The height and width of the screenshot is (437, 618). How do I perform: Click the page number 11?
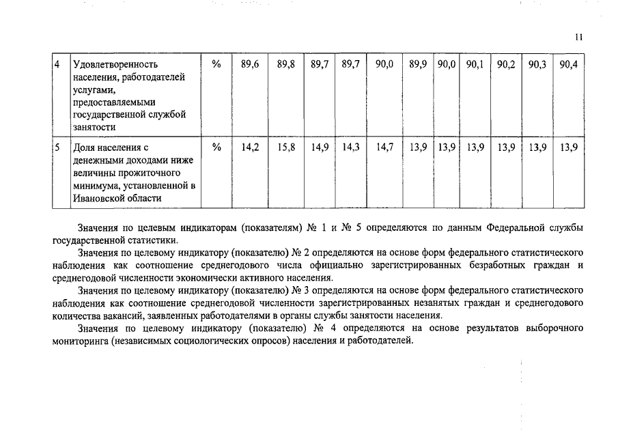coord(579,38)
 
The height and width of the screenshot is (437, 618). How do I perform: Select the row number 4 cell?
coord(58,64)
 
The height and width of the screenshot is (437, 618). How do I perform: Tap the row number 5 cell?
coord(58,147)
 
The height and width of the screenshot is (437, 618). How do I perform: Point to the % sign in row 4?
coord(216,64)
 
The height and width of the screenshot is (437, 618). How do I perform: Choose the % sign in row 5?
coord(216,147)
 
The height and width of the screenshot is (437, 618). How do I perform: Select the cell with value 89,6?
coord(250,64)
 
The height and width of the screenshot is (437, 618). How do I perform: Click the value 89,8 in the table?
coord(286,64)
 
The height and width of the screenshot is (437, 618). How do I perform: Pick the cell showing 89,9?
coord(418,64)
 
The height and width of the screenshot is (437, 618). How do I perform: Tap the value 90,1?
coord(475,64)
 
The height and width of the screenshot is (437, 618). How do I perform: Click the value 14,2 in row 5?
coord(250,147)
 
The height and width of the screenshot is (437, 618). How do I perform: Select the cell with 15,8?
coord(286,147)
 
